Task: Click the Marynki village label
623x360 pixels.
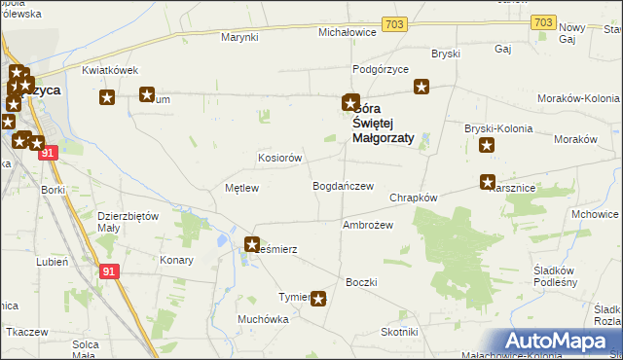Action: click(x=239, y=37)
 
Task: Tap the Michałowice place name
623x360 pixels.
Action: click(x=348, y=32)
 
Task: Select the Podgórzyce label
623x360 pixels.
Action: click(x=381, y=69)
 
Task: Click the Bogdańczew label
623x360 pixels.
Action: click(x=343, y=186)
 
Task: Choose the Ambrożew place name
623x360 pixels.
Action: click(x=367, y=225)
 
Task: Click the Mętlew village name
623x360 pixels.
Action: click(x=241, y=188)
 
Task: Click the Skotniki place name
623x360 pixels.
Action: click(x=399, y=332)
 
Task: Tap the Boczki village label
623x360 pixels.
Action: click(x=361, y=282)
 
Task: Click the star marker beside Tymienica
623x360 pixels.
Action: click(x=318, y=300)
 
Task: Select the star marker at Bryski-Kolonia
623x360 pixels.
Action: click(x=487, y=146)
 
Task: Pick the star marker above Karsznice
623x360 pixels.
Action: click(x=488, y=182)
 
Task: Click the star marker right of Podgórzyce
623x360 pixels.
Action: click(x=421, y=87)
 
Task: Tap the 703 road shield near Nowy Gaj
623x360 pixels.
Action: click(x=544, y=22)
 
